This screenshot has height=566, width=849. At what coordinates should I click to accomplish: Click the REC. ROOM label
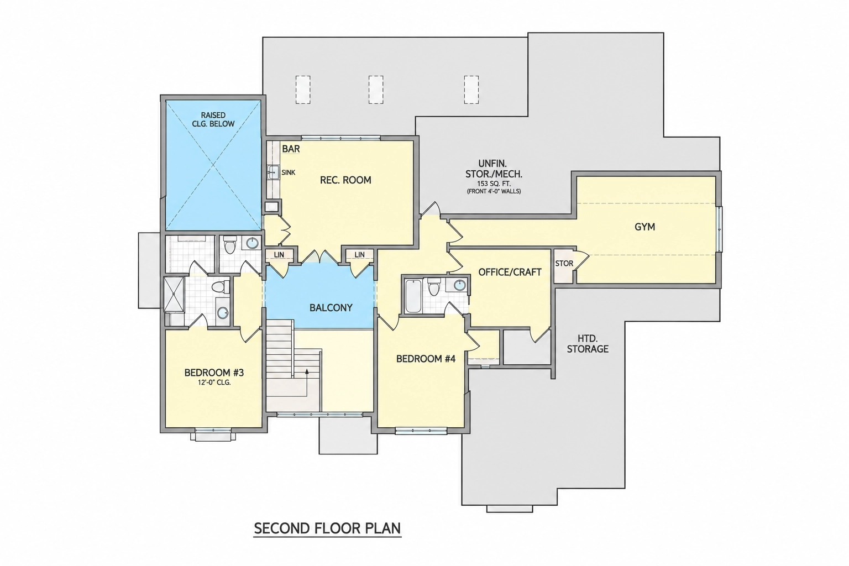tap(345, 180)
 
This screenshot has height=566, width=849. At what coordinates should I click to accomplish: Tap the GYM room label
tap(644, 227)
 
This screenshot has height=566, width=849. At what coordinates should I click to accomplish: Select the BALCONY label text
tap(331, 308)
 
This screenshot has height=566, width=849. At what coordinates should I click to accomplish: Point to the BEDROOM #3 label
tap(214, 373)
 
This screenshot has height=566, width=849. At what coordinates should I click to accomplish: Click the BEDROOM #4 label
tap(426, 359)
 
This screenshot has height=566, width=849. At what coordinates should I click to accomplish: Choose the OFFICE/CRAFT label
tap(510, 272)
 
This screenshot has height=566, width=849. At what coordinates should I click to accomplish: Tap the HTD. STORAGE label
tap(588, 343)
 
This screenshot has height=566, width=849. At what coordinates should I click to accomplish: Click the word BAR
tap(291, 149)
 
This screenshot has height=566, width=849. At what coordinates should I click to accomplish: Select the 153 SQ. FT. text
tap(494, 184)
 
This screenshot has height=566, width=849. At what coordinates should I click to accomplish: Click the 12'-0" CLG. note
tap(214, 382)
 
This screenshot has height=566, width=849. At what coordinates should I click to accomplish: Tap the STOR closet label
tap(564, 264)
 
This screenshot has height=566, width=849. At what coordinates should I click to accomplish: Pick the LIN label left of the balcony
tap(279, 255)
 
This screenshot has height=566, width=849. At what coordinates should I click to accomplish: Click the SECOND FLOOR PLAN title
tap(327, 528)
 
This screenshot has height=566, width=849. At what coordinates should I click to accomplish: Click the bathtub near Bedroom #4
tap(413, 296)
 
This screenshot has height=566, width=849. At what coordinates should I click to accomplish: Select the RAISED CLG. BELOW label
tap(213, 119)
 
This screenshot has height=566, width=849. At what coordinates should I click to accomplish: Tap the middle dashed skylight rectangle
tap(376, 90)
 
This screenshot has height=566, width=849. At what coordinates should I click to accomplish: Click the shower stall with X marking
tap(174, 295)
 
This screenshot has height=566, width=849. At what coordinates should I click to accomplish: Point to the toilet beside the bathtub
tap(433, 287)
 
